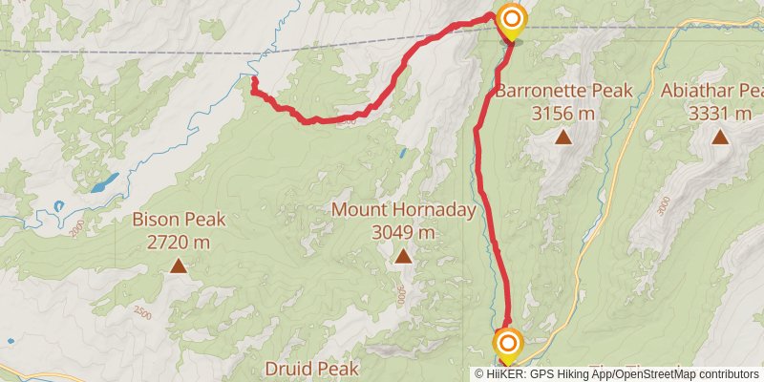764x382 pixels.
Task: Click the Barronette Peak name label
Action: (x=563, y=92)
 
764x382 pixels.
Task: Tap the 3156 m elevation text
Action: (x=563, y=113)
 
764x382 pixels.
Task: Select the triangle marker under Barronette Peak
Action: (x=563, y=138)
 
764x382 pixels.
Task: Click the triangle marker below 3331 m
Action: (x=719, y=138)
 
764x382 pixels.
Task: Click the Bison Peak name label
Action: (x=179, y=220)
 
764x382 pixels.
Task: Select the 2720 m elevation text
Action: (x=179, y=241)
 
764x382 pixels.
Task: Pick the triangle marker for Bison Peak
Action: (x=179, y=265)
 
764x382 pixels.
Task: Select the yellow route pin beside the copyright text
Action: (x=508, y=344)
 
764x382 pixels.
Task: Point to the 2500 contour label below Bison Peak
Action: (x=143, y=312)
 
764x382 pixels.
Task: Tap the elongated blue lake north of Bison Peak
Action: (x=106, y=180)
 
